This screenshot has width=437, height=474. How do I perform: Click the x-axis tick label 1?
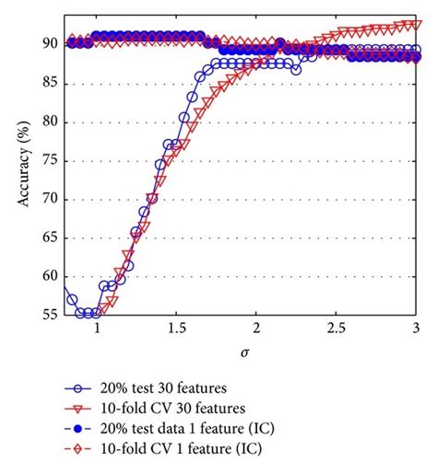pos(97,329)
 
